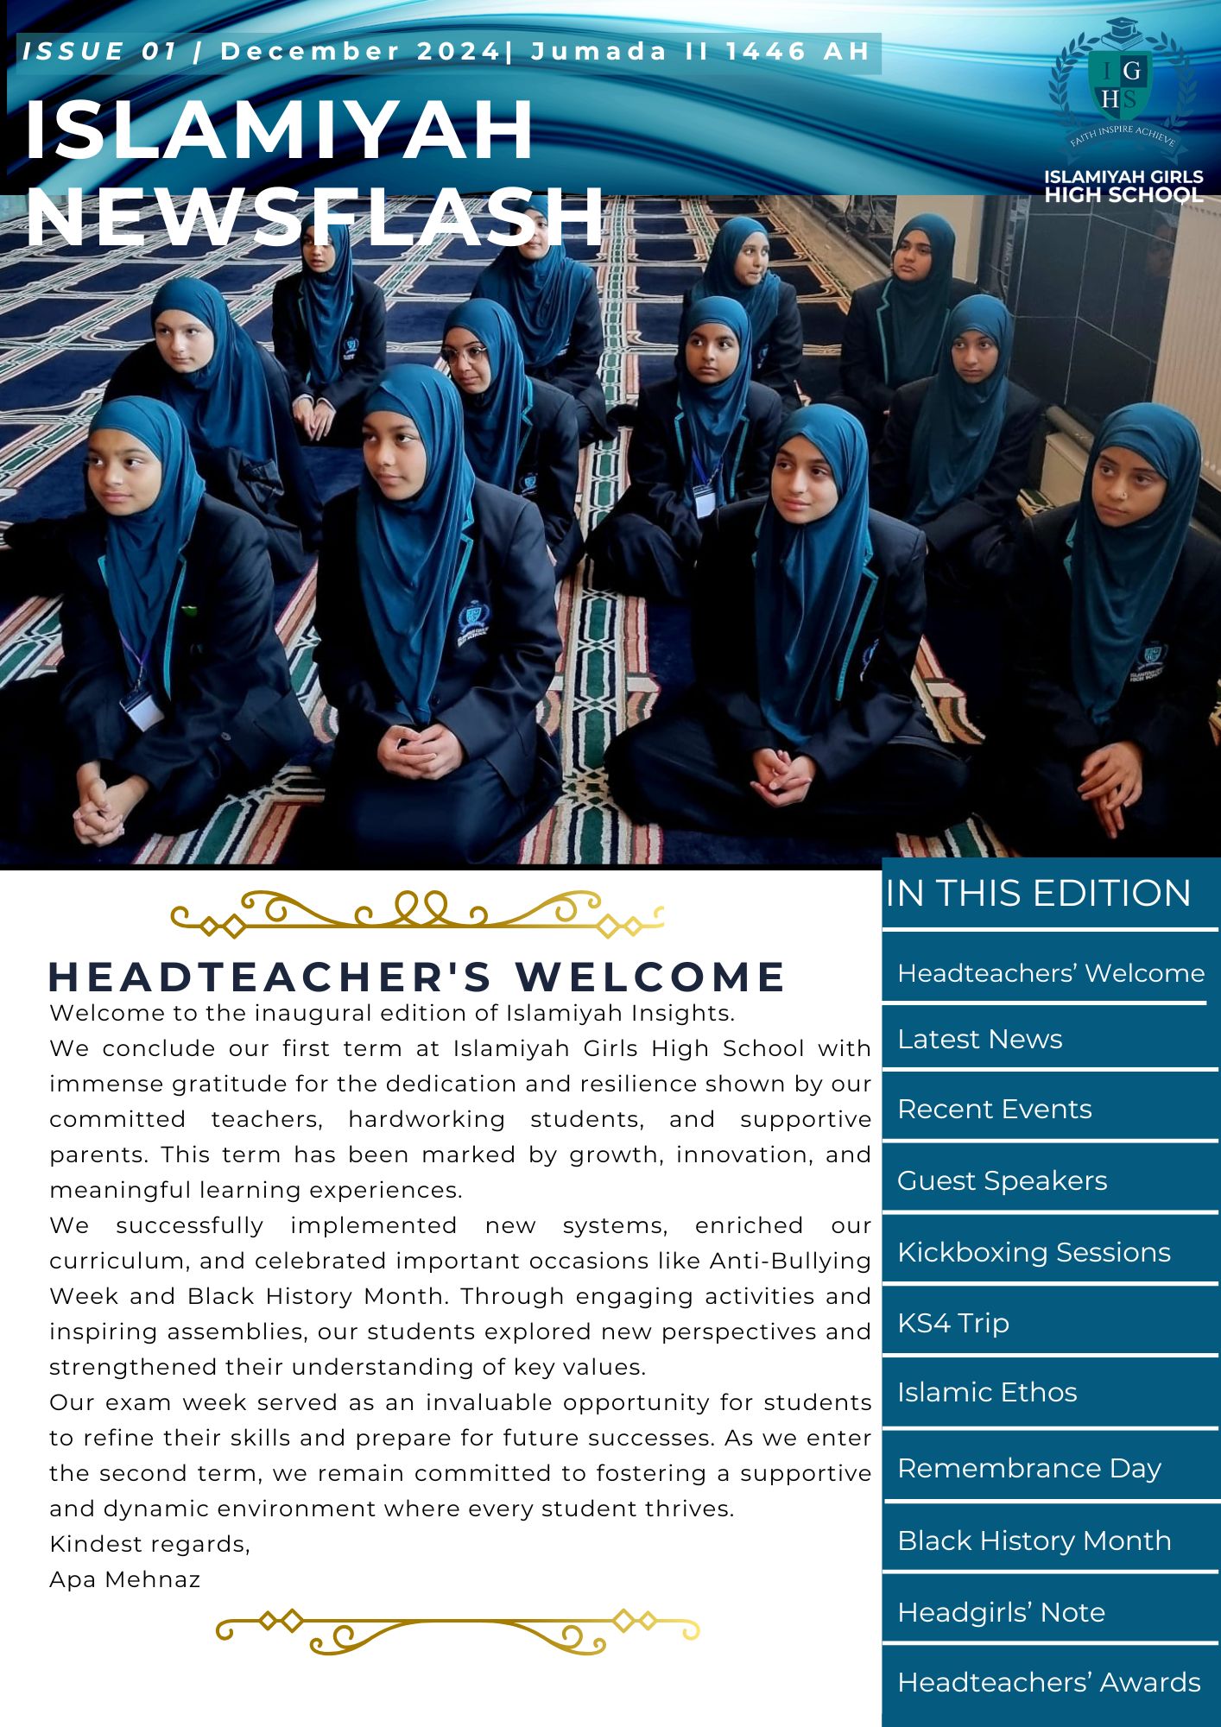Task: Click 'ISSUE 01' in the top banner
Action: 99,52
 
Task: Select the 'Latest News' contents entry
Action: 979,1039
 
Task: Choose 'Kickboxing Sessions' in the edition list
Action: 1034,1252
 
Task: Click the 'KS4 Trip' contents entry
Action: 952,1323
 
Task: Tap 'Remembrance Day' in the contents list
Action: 1029,1468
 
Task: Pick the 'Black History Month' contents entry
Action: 1034,1540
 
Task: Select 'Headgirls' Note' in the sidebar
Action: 1001,1612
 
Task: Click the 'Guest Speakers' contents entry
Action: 1002,1180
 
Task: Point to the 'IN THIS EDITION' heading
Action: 1038,893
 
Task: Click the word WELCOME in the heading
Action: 650,977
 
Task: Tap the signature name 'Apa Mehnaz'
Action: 125,1580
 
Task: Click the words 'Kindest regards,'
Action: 149,1544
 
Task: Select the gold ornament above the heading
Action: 417,914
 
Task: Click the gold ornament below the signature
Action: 458,1631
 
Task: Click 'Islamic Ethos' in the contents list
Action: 987,1393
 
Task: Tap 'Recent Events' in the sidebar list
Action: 994,1109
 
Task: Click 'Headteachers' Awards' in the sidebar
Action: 1048,1682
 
